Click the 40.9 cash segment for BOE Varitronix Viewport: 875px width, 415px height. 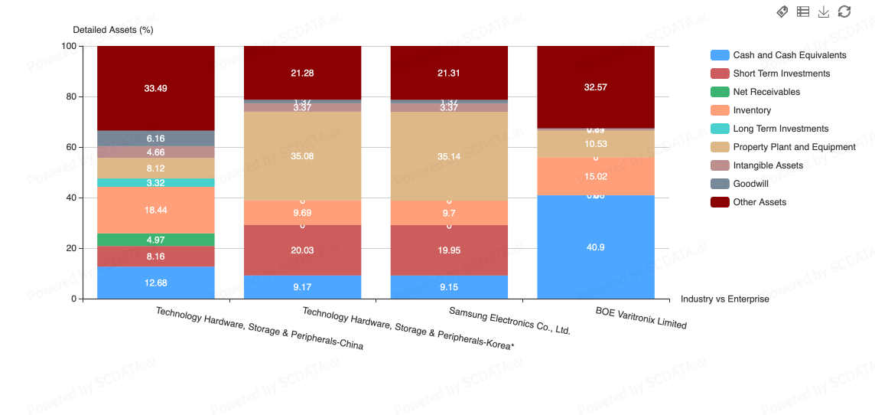click(596, 247)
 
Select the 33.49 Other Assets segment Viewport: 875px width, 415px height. click(155, 88)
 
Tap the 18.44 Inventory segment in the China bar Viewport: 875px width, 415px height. click(155, 210)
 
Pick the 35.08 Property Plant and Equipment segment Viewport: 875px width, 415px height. click(302, 156)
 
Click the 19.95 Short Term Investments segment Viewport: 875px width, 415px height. click(449, 250)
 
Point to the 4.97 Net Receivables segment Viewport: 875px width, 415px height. click(155, 240)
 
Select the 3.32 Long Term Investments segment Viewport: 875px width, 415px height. click(155, 182)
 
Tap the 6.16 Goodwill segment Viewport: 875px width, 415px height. click(155, 139)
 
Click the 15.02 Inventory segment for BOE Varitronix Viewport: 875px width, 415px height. click(596, 176)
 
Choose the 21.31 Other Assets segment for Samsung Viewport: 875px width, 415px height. click(449, 73)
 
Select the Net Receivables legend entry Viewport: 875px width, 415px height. click(766, 92)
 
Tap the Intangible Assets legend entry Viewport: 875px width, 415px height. click(767, 165)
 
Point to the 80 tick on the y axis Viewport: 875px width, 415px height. click(70, 96)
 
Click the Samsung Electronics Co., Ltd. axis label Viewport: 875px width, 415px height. click(509, 321)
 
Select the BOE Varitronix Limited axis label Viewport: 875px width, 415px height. click(641, 318)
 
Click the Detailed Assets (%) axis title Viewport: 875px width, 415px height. click(113, 30)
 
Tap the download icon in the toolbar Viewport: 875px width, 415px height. click(824, 11)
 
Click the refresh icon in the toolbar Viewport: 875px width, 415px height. click(844, 11)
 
